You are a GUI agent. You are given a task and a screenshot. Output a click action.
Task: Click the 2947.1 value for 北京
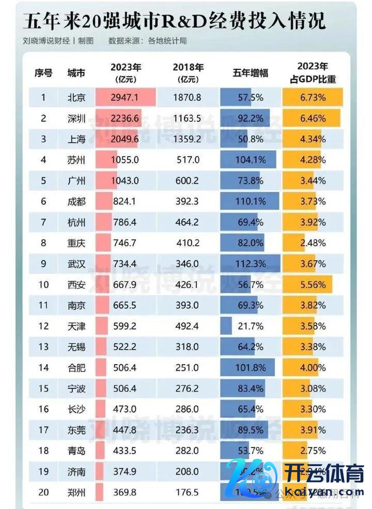coord(125,97)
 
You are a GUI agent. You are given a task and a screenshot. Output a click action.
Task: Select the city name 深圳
coord(76,118)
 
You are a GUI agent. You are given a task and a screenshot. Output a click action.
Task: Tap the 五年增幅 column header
coord(250,73)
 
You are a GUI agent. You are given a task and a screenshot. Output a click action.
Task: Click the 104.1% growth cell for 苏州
coord(250,160)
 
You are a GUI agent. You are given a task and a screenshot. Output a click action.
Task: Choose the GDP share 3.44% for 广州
coord(313,181)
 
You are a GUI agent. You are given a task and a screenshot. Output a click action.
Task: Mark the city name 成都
coord(76,201)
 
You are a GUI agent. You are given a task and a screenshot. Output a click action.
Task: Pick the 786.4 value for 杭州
coord(125,222)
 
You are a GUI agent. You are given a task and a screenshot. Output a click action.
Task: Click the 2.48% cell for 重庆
coord(313,243)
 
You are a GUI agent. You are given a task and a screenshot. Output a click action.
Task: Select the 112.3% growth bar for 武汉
coord(250,264)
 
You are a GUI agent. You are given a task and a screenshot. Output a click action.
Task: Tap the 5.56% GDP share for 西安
coord(313,285)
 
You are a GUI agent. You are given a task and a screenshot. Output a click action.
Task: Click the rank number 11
coord(44,305)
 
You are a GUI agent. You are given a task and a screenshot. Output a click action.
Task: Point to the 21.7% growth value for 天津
coord(250,326)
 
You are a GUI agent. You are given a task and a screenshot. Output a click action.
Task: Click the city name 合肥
coord(76,368)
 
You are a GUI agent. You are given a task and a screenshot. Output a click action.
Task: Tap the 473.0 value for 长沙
coord(125,409)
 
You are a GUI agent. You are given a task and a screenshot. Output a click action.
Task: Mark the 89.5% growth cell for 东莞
coord(250,430)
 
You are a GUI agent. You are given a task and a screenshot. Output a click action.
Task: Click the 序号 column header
coord(44,73)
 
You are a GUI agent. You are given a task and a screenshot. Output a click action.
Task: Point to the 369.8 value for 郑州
coord(125,492)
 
